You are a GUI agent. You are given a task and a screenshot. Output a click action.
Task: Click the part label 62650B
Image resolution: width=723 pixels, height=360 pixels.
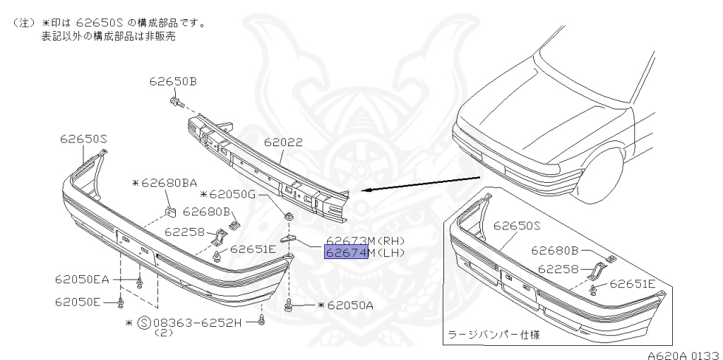coord(172,81)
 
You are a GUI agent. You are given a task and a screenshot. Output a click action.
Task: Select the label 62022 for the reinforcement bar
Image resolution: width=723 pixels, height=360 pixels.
coord(283,143)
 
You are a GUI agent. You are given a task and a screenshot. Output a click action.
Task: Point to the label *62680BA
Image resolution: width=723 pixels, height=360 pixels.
coord(165,183)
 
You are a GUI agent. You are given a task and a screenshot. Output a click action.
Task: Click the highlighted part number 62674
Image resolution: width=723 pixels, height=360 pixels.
coord(346,253)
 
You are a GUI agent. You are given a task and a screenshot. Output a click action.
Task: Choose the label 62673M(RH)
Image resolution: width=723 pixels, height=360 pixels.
coord(365,240)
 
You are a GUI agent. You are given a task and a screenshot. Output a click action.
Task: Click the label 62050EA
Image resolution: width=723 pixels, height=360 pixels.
coord(82,280)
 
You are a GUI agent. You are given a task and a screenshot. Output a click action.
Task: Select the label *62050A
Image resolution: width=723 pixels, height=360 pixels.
coord(346,305)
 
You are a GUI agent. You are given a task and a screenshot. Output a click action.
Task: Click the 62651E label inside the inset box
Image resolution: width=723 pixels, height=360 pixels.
coord(633,284)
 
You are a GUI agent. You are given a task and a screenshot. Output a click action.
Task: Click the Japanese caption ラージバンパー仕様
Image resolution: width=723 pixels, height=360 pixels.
coord(486,334)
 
